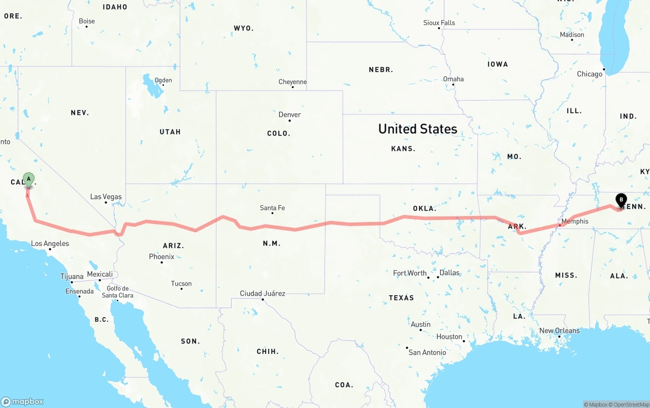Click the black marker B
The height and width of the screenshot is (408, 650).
point(621,200)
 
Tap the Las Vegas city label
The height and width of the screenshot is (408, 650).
point(106,197)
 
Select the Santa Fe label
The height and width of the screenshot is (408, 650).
point(272,207)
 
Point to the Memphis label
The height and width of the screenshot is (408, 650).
point(575,221)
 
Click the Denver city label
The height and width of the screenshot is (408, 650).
point(289,114)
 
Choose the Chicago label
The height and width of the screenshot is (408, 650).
point(590,74)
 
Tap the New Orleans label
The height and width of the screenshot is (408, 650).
point(559,330)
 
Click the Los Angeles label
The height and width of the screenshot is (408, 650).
point(50,243)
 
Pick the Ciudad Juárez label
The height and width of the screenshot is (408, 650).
point(263,293)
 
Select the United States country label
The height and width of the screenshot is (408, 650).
point(417,129)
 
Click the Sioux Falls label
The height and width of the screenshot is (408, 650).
point(439,23)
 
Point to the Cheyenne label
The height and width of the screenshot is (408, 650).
point(292,82)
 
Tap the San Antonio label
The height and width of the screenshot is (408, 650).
point(427,352)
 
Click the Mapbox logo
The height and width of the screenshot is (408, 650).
point(22,401)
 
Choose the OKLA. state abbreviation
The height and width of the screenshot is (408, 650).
point(424,208)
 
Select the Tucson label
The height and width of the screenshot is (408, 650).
point(181,284)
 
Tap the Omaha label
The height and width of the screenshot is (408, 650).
point(453,79)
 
